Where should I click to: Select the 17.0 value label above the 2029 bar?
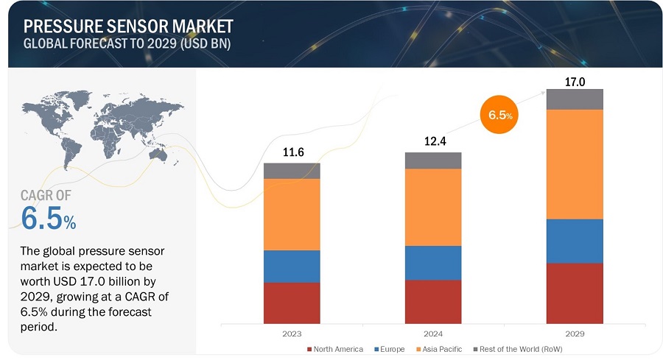coord(575,82)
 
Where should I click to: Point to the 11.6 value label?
coord(292,153)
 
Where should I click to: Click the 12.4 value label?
coord(433,141)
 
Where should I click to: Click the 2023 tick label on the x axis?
coord(292,333)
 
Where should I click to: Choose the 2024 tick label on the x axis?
coord(433,333)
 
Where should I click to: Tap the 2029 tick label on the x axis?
coord(575,333)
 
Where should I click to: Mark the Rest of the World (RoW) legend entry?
coord(520,349)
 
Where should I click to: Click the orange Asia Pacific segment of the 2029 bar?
coord(575,163)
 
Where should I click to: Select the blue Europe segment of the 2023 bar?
coord(292,266)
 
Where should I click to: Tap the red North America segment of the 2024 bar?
coord(433,302)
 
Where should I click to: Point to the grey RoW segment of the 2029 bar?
coord(575,99)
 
